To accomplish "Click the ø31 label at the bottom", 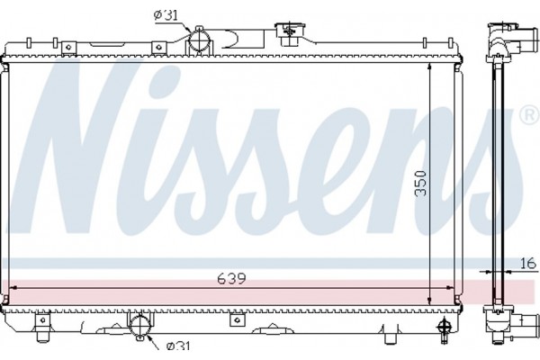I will (176, 345).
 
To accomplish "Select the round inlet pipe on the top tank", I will (200, 40).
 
